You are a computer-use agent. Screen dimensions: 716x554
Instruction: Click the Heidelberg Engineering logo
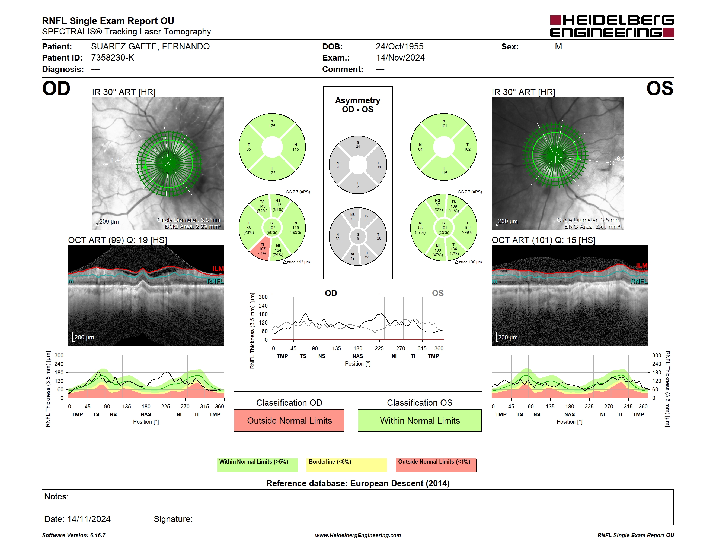[x=612, y=26]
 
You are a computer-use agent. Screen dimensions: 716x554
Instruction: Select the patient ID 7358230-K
[x=113, y=58]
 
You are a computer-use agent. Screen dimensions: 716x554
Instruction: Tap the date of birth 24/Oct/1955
[x=399, y=47]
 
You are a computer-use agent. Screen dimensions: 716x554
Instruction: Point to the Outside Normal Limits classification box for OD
[x=289, y=420]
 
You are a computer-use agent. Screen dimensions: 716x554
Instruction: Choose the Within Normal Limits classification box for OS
[x=420, y=420]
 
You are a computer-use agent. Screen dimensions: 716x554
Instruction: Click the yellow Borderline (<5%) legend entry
[x=347, y=465]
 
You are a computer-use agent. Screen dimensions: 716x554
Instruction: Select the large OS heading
[x=660, y=89]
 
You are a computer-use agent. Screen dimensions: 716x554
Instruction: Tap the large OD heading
[x=56, y=89]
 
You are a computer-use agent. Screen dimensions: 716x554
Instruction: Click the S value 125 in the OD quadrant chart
[x=272, y=126]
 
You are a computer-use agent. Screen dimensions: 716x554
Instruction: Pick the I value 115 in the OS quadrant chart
[x=444, y=173]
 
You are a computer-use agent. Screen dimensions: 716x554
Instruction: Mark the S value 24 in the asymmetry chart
[x=358, y=147]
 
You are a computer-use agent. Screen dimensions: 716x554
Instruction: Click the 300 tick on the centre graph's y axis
[x=263, y=297]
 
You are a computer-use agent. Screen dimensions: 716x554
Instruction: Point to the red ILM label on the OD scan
[x=218, y=269]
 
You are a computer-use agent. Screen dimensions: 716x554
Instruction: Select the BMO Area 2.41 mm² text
[x=592, y=226]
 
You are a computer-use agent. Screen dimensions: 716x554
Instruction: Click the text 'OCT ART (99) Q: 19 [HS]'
[x=117, y=240]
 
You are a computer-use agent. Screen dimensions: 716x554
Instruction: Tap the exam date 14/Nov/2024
[x=400, y=58]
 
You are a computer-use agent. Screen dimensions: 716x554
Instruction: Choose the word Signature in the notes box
[x=173, y=519]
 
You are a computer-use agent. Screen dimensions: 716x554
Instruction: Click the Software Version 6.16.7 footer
[x=74, y=535]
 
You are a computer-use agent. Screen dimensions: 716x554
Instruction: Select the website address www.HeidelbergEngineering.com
[x=358, y=535]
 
